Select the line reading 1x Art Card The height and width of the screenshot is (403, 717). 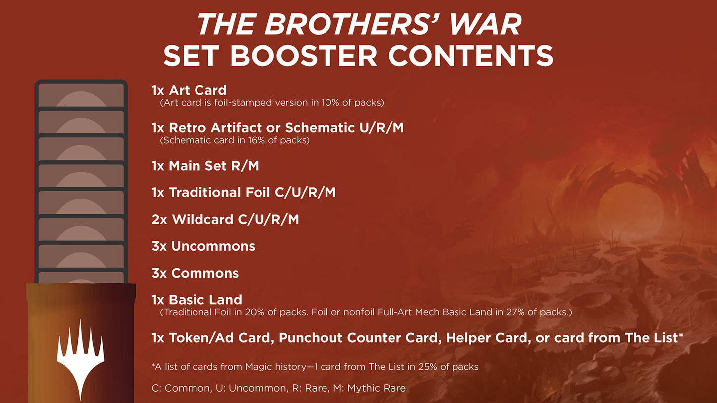point(189,90)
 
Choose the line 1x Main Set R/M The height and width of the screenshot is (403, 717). point(205,166)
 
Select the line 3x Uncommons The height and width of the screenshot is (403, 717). point(203,246)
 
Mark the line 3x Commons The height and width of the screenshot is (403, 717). point(195,273)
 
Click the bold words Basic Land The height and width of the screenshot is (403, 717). point(205,300)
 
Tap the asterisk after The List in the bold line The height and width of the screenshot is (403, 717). point(680,336)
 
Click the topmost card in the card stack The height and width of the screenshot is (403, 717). point(81,95)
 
